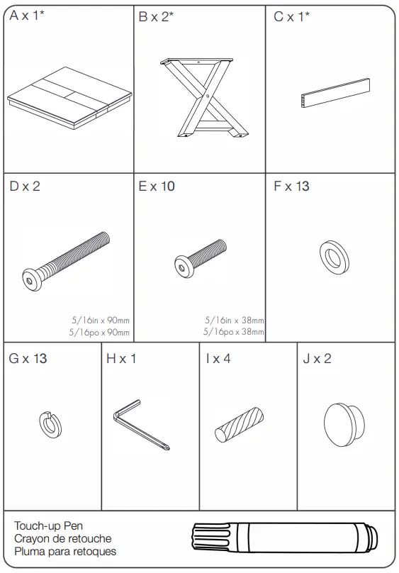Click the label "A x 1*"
coord(27,16)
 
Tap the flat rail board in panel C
coord(335,93)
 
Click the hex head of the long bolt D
coord(30,280)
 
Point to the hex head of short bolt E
coord(182,266)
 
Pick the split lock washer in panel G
coord(50,425)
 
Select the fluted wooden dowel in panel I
coord(239,425)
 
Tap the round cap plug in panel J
coord(344,425)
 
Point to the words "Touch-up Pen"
coord(49,526)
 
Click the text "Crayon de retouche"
coord(63,539)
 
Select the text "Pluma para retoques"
coord(65,552)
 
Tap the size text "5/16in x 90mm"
coord(101,320)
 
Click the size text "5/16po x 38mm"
coord(234,332)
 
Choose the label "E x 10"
coord(157,187)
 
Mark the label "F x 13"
coord(291,187)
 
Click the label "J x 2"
coord(317,359)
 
